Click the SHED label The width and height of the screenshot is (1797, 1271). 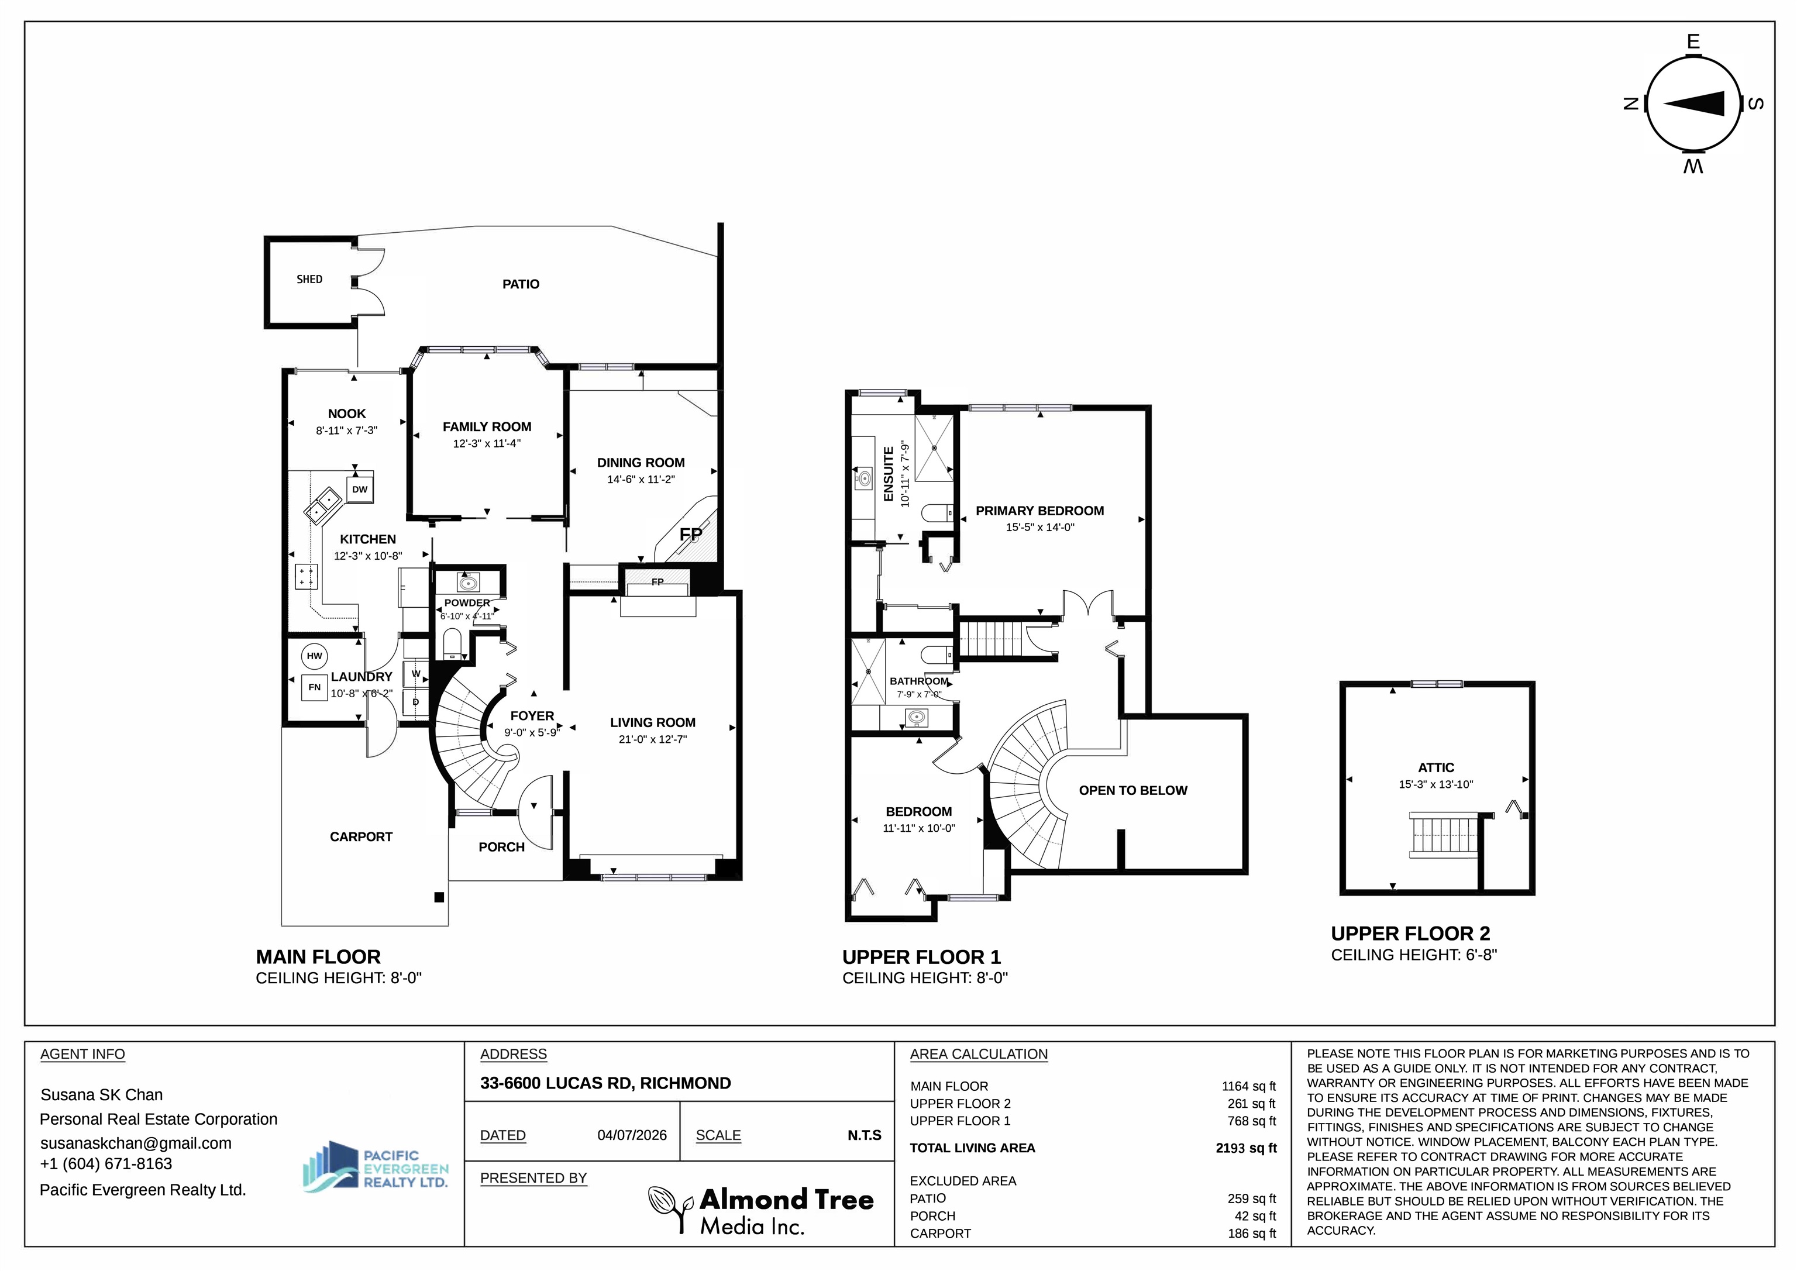pos(309,280)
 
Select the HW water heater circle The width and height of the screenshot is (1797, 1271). pos(314,656)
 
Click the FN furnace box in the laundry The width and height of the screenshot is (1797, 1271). pos(314,688)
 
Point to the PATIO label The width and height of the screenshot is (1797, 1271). pos(521,284)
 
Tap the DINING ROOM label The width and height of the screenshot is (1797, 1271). pos(641,463)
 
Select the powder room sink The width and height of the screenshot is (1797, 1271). pos(468,583)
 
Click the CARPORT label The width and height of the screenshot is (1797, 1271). pos(361,836)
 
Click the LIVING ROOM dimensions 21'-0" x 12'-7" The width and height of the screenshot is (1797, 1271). pos(653,739)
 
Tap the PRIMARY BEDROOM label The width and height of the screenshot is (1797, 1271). pos(1039,511)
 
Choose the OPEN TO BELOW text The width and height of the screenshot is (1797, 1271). pos(1132,790)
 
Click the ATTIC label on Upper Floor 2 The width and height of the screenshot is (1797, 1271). pos(1436,768)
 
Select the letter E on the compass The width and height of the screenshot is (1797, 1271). pos(1693,42)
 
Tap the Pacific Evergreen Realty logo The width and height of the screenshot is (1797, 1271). pos(376,1166)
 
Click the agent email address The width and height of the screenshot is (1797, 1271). pos(136,1143)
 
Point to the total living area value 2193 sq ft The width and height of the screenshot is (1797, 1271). pos(1246,1148)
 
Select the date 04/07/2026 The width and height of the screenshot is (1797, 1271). pos(632,1135)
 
